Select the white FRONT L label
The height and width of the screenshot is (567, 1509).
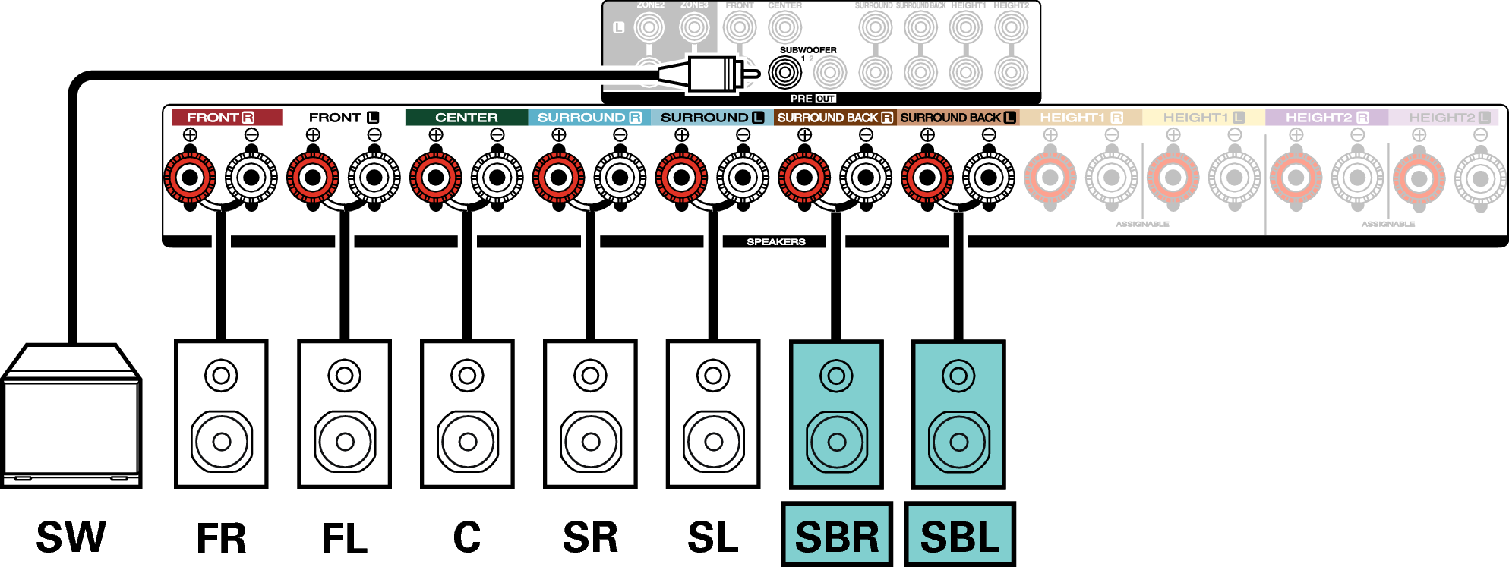coord(343,118)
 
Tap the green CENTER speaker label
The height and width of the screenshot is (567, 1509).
coord(466,118)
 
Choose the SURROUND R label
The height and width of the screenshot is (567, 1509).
coord(589,118)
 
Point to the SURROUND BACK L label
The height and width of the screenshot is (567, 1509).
coord(958,118)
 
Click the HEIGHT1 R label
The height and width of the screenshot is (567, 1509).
coord(1081,118)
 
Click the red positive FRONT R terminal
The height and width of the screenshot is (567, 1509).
coord(190,178)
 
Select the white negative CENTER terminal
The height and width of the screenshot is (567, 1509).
coord(497,178)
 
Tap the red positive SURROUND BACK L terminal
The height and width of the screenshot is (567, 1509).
coord(927,178)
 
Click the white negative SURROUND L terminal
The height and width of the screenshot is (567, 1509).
coord(743,178)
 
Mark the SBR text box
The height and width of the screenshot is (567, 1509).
coord(836,534)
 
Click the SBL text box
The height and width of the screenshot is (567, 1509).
coord(959,534)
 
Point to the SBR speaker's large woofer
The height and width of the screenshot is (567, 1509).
coord(836,442)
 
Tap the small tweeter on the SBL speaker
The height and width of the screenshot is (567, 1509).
coord(958,375)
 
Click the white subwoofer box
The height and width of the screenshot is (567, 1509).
coord(71,425)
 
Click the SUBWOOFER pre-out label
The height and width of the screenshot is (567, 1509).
coord(808,50)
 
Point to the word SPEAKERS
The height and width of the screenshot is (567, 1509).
coord(775,242)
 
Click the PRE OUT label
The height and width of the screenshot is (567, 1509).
coord(813,99)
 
